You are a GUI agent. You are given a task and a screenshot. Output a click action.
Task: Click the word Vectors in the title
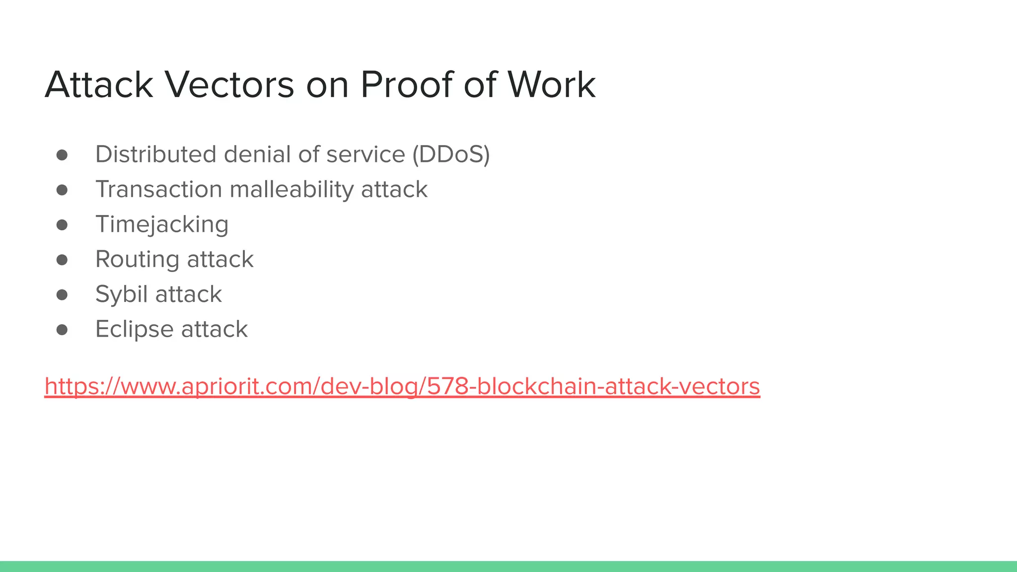229,85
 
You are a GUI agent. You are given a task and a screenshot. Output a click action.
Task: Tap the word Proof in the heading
406,85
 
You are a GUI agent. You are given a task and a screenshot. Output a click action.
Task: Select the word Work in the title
551,85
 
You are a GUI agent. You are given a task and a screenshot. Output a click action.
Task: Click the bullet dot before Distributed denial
62,155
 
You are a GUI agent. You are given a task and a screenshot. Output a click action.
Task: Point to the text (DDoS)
451,154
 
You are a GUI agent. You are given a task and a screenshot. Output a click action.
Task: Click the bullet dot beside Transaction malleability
62,190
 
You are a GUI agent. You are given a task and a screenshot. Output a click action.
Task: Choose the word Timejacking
162,224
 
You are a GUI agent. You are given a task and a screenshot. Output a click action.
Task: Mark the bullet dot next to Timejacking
62,225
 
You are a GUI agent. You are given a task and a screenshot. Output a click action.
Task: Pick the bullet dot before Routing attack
62,260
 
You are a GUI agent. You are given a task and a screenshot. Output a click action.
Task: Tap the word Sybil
122,294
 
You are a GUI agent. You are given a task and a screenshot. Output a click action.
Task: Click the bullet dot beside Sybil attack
62,295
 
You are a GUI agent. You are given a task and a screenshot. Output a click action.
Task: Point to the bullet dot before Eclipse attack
62,330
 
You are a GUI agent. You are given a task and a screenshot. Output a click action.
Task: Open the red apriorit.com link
402,386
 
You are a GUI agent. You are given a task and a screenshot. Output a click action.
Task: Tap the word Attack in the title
99,85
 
